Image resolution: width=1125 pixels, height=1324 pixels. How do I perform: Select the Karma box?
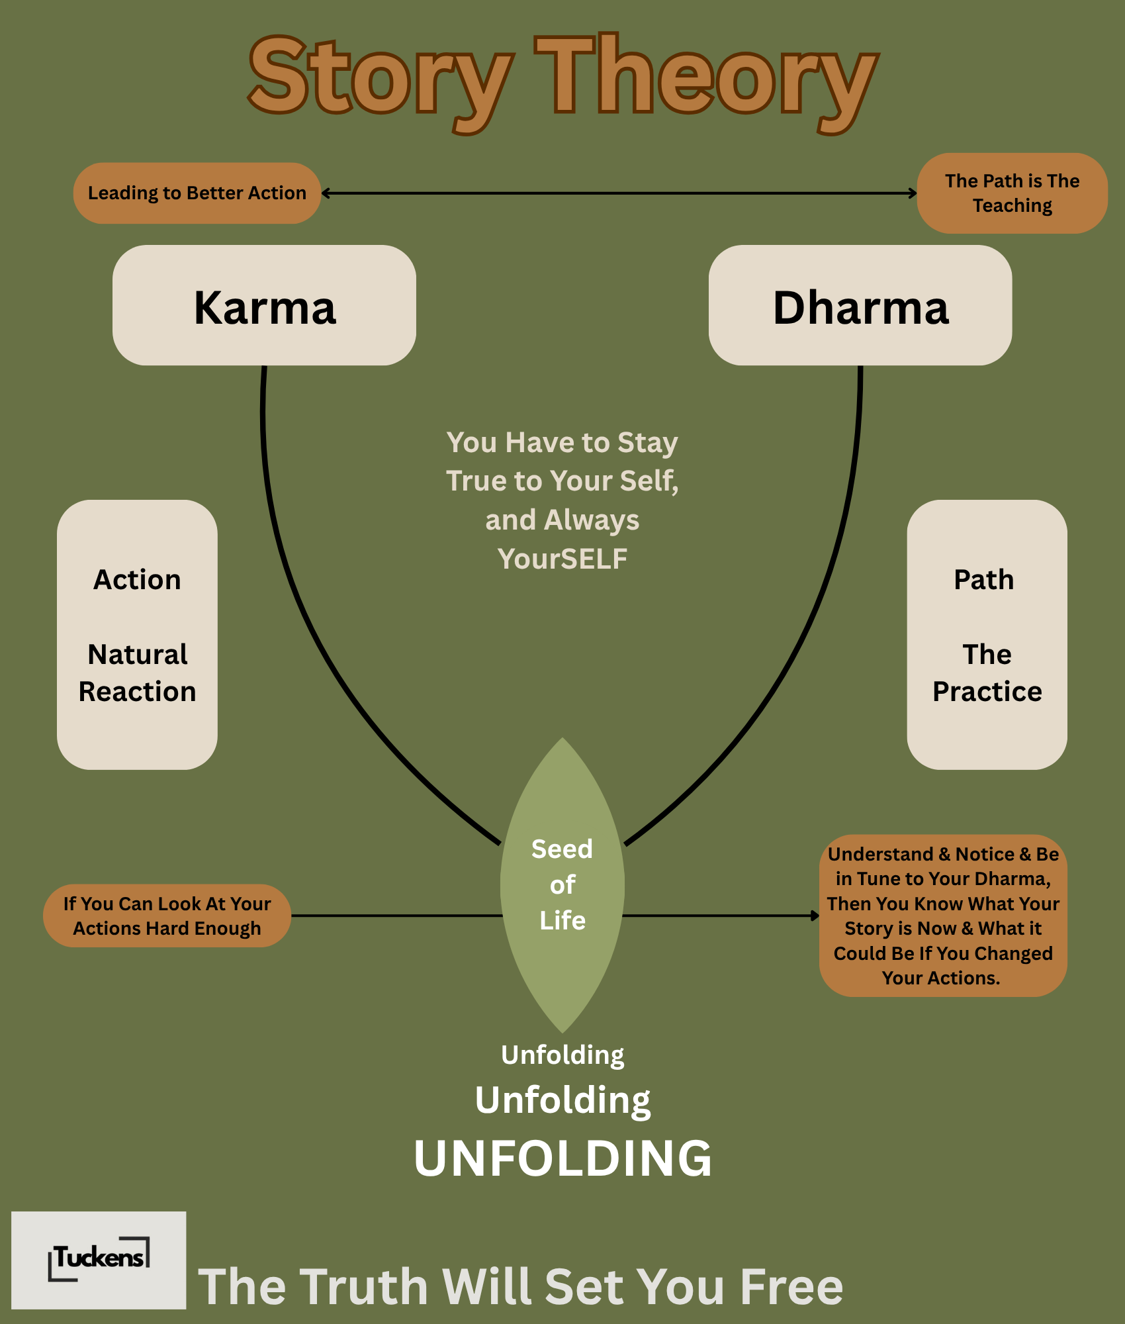pos(264,306)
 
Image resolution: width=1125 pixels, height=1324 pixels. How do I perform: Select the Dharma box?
pos(860,306)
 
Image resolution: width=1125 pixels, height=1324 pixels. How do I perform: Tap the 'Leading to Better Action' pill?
pos(197,193)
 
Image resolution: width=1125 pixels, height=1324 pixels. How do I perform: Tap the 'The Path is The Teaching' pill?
pos(1012,193)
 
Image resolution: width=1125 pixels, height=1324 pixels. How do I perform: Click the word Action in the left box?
pos(137,580)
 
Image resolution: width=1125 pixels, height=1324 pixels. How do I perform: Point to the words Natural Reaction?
pos(137,673)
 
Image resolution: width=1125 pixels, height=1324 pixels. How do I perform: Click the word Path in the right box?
pos(984,580)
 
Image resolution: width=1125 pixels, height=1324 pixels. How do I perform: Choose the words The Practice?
pos(987,673)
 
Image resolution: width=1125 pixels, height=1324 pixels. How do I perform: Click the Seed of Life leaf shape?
pos(562,885)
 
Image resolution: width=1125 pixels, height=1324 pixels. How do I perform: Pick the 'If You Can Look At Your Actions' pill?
pos(167,916)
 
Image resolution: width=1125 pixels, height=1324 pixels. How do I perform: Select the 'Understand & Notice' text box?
pos(943,916)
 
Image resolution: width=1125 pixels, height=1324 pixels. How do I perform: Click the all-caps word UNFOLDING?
pos(562,1158)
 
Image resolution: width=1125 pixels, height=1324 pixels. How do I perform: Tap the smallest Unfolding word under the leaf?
pos(562,1055)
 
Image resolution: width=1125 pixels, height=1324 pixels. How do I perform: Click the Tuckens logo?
pos(99,1259)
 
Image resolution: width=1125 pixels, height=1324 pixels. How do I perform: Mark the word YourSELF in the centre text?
pos(562,559)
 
